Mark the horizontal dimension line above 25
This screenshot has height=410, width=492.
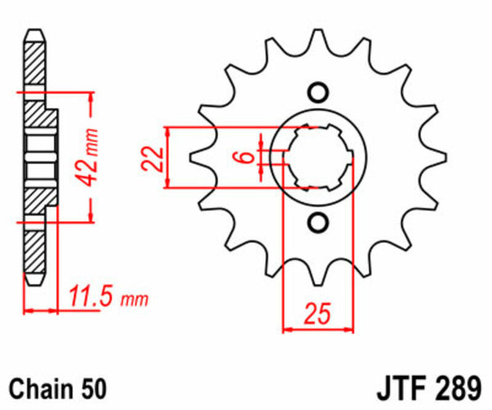(318, 330)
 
